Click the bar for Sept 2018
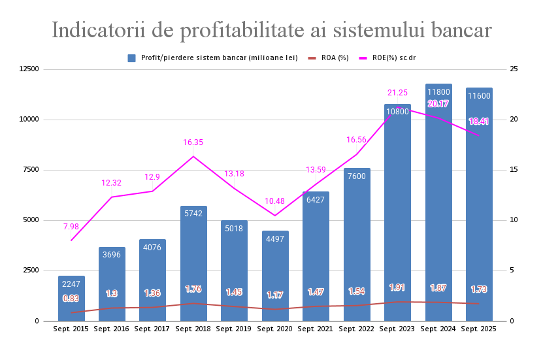click(193, 261)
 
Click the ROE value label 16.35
click(193, 142)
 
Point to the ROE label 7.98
click(71, 226)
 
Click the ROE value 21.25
click(397, 93)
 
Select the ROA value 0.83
click(71, 299)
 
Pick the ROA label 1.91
click(397, 287)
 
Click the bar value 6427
click(316, 200)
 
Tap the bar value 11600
click(479, 96)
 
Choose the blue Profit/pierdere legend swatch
click(131, 58)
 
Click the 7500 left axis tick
click(33, 170)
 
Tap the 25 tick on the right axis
click(514, 69)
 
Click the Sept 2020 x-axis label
click(274, 329)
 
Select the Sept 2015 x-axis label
click(71, 329)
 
